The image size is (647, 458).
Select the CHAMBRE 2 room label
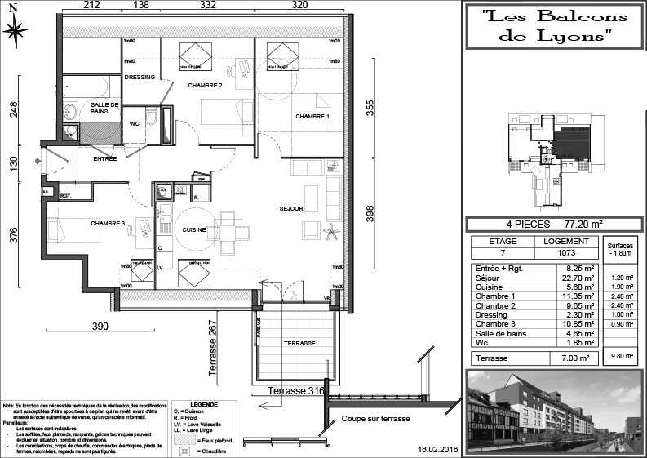[205, 85]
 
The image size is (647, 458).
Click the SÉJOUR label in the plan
[290, 208]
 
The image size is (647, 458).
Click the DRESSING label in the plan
[140, 78]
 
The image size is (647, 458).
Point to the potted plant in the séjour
[332, 233]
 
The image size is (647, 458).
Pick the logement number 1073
[566, 252]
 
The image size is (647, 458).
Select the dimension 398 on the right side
[370, 214]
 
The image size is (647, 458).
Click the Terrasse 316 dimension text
[297, 391]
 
